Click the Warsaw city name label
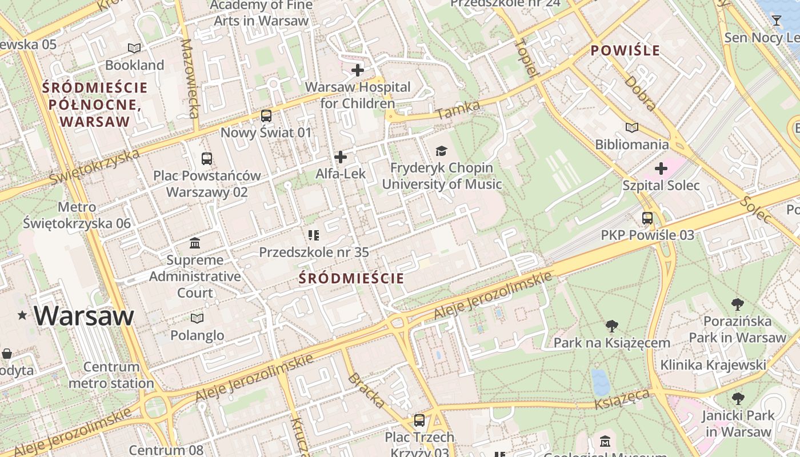(x=84, y=315)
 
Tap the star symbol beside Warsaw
(x=22, y=315)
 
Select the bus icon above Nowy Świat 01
(x=266, y=116)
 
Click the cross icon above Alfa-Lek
(x=341, y=157)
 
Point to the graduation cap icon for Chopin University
(x=441, y=151)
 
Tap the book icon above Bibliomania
(x=631, y=127)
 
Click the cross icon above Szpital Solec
(x=661, y=169)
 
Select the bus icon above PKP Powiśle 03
(x=647, y=218)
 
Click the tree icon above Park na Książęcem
(x=611, y=326)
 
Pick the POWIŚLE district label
(x=625, y=50)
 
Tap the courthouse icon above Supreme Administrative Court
(x=195, y=243)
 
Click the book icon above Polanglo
(x=197, y=318)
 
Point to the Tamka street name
(x=450, y=110)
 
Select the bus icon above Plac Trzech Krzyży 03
(x=419, y=420)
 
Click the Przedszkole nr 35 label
(x=314, y=252)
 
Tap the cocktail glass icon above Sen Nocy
(x=776, y=21)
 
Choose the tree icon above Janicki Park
(x=738, y=399)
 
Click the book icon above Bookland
(x=134, y=49)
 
